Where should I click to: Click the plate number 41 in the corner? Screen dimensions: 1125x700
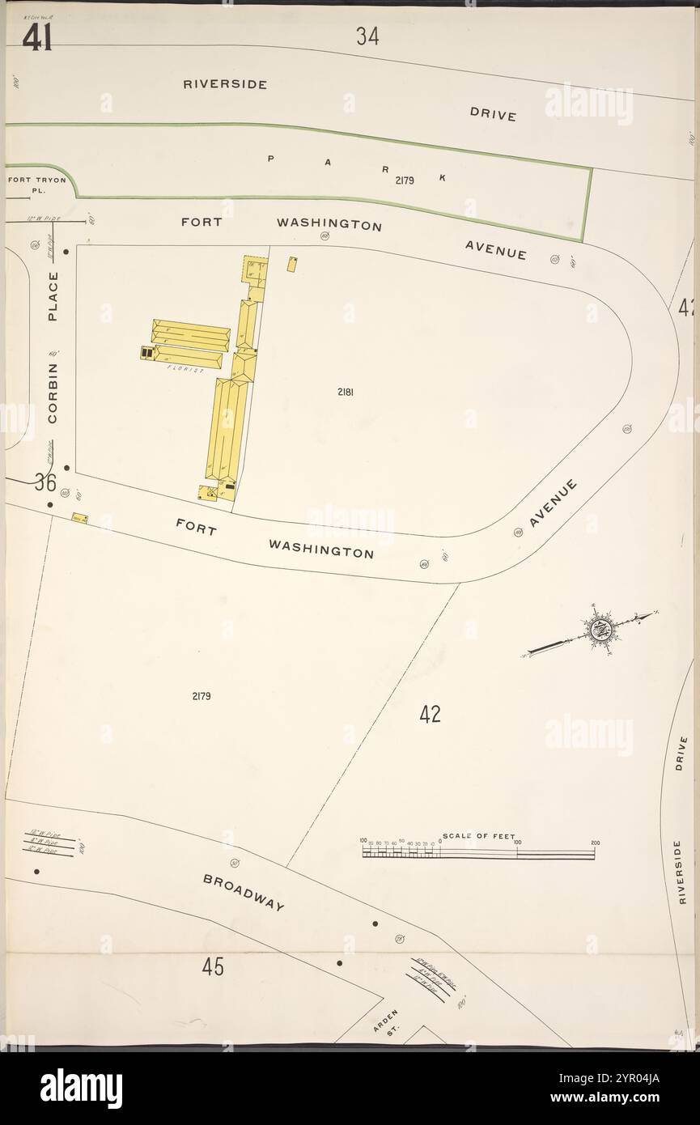[37, 37]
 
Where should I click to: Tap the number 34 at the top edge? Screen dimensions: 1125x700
[367, 36]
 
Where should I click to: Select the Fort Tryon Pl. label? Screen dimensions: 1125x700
[36, 185]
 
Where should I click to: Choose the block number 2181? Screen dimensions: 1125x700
[346, 392]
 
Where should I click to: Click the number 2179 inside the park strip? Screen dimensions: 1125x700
[405, 180]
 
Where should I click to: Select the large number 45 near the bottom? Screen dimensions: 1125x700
[213, 966]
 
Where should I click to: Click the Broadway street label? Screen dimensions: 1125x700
[244, 892]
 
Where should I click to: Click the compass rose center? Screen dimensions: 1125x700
[600, 628]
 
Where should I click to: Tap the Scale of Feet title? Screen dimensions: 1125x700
[478, 836]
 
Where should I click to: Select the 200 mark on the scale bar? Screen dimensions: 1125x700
[594, 843]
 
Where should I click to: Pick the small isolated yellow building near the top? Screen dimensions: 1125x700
[291, 264]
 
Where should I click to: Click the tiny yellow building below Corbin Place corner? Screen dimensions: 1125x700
[79, 517]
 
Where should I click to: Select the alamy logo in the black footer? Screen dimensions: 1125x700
[81, 1088]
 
